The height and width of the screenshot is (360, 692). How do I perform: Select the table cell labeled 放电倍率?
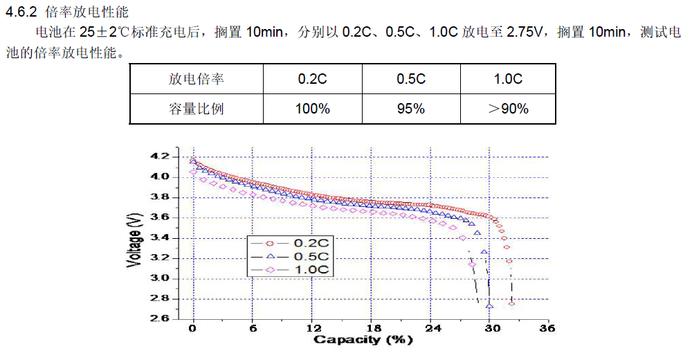click(x=196, y=79)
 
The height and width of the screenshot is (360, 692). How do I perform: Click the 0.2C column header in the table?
click(x=312, y=79)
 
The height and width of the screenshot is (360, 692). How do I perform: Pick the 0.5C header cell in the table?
click(x=410, y=79)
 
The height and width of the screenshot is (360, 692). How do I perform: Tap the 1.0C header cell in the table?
click(x=508, y=79)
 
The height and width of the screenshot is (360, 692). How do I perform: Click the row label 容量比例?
click(x=196, y=109)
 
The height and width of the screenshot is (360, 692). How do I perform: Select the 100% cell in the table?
click(x=312, y=109)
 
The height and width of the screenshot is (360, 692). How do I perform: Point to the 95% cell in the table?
click(x=410, y=109)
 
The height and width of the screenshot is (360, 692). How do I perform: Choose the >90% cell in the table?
click(x=508, y=109)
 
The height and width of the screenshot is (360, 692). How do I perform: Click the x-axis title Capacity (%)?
click(x=363, y=340)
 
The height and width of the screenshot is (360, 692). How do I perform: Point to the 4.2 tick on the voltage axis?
click(x=159, y=156)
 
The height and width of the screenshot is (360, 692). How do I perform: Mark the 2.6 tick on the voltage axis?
click(x=159, y=319)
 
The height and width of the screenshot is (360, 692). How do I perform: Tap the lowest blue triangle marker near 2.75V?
click(x=489, y=305)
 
